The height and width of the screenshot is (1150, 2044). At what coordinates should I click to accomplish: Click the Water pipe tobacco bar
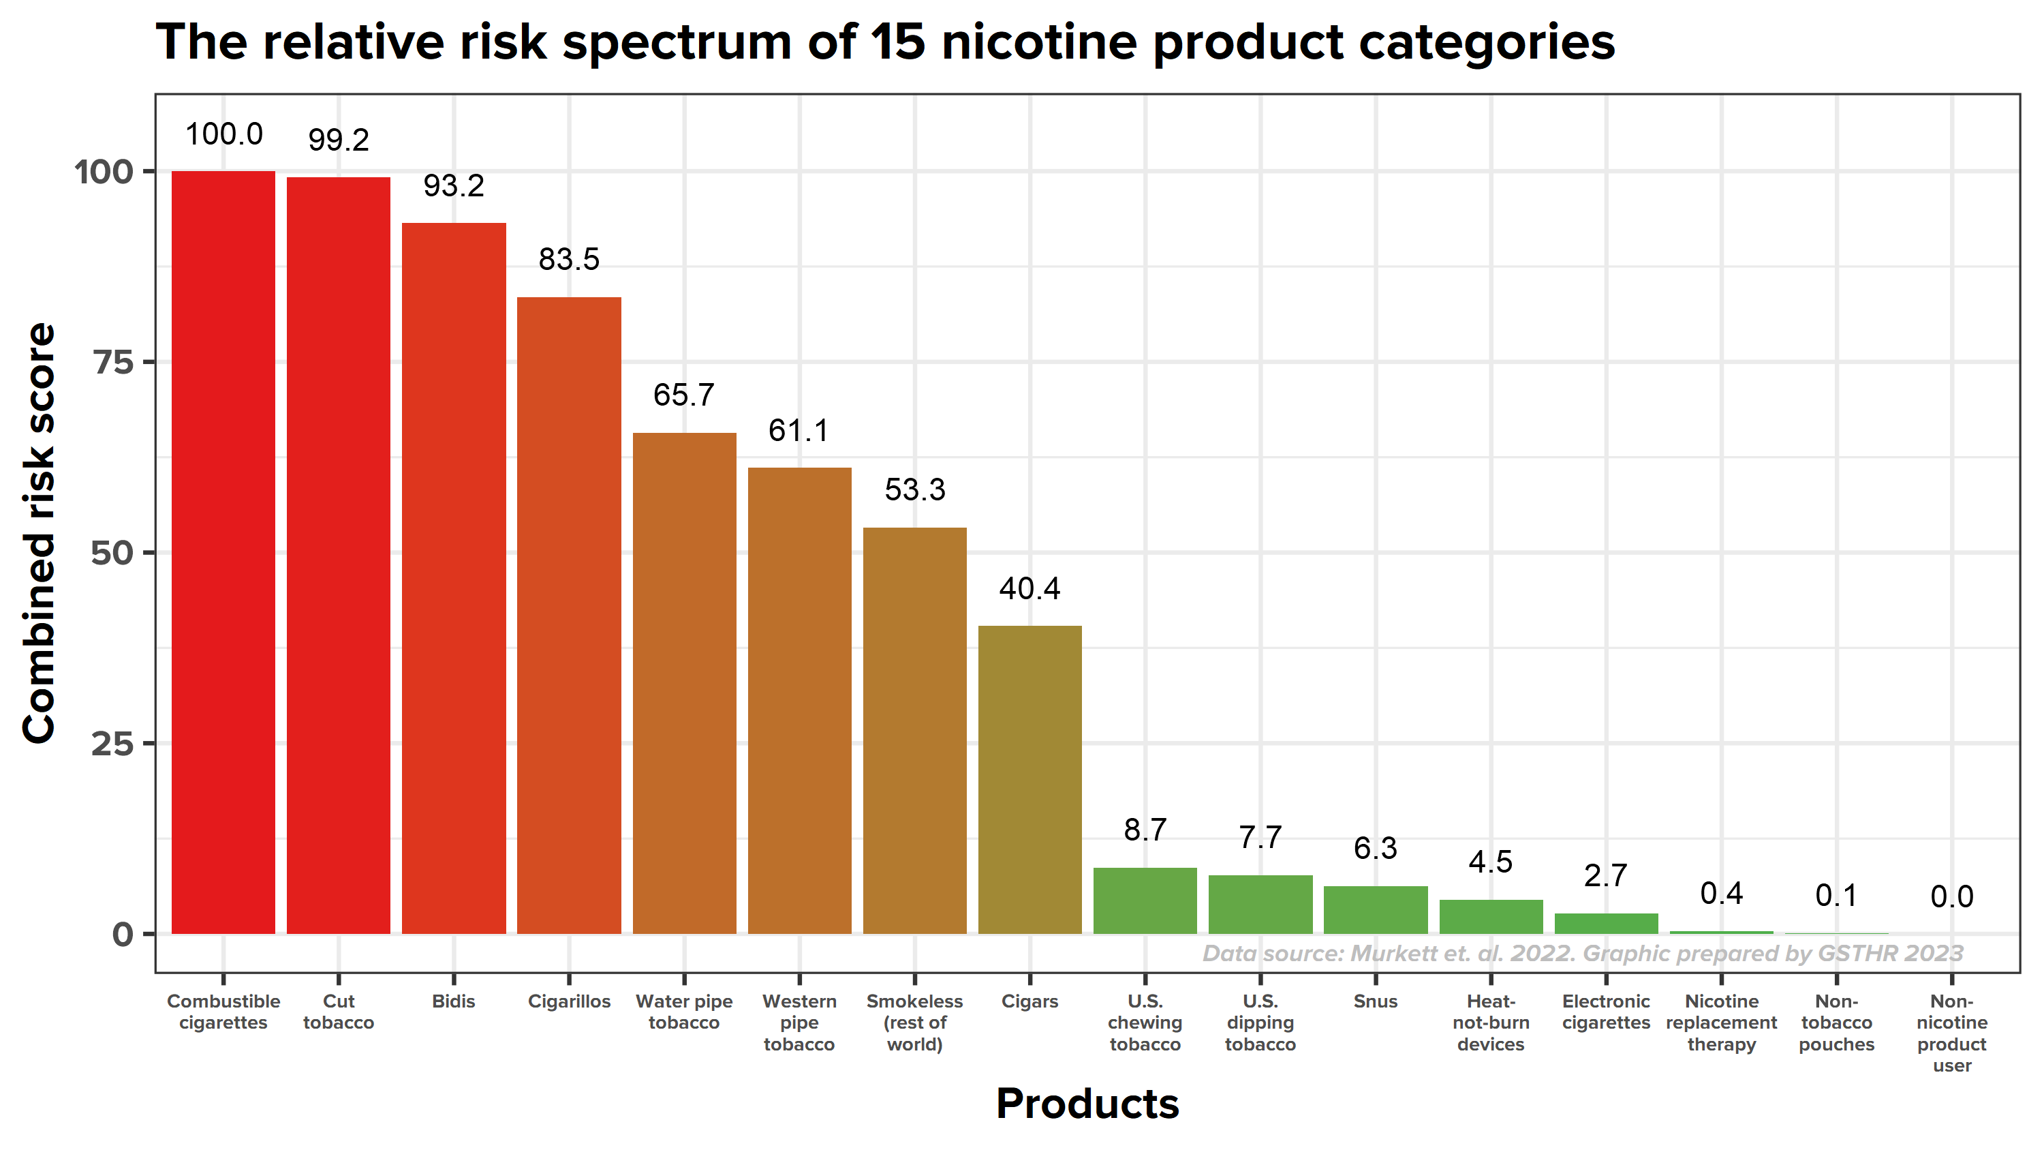(x=684, y=682)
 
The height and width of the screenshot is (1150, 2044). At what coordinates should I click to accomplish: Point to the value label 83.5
(x=569, y=260)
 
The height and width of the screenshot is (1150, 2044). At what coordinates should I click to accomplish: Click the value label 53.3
(x=914, y=489)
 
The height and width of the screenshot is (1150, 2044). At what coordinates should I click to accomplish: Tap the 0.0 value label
(x=1951, y=897)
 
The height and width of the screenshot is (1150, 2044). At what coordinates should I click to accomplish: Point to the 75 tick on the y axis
(x=114, y=363)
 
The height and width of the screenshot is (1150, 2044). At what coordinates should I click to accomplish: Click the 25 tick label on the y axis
(x=112, y=744)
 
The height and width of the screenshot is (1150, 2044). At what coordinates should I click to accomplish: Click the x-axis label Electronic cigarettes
(x=1605, y=1012)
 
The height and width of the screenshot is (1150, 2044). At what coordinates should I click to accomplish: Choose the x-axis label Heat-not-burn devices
(x=1490, y=1023)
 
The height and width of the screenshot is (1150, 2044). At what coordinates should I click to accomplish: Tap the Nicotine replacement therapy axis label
(x=1721, y=1023)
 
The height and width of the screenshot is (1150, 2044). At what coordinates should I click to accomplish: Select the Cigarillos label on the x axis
(x=569, y=1001)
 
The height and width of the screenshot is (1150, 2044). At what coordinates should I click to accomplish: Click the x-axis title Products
(x=1087, y=1103)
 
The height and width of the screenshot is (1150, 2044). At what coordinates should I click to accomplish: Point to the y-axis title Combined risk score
(x=40, y=533)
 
